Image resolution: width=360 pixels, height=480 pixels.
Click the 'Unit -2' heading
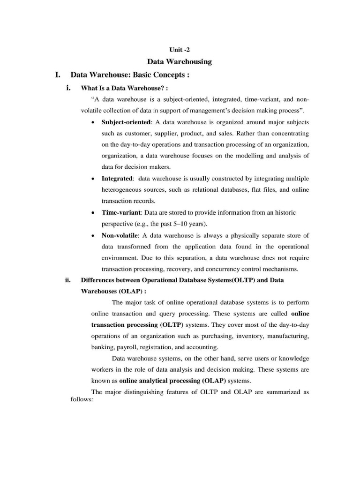180,49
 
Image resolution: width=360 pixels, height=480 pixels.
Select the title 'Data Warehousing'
180,61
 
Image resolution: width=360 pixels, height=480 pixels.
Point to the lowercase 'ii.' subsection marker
67,280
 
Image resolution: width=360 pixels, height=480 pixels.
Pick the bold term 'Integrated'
117,179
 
